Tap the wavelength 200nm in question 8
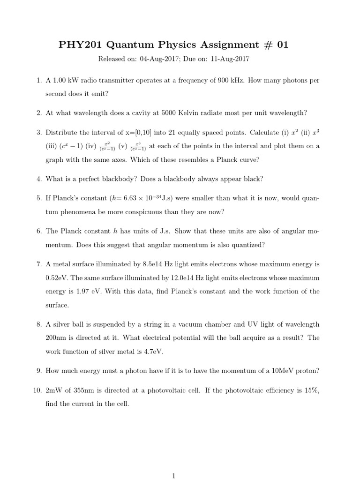(56, 337)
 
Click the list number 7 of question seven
(39, 264)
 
